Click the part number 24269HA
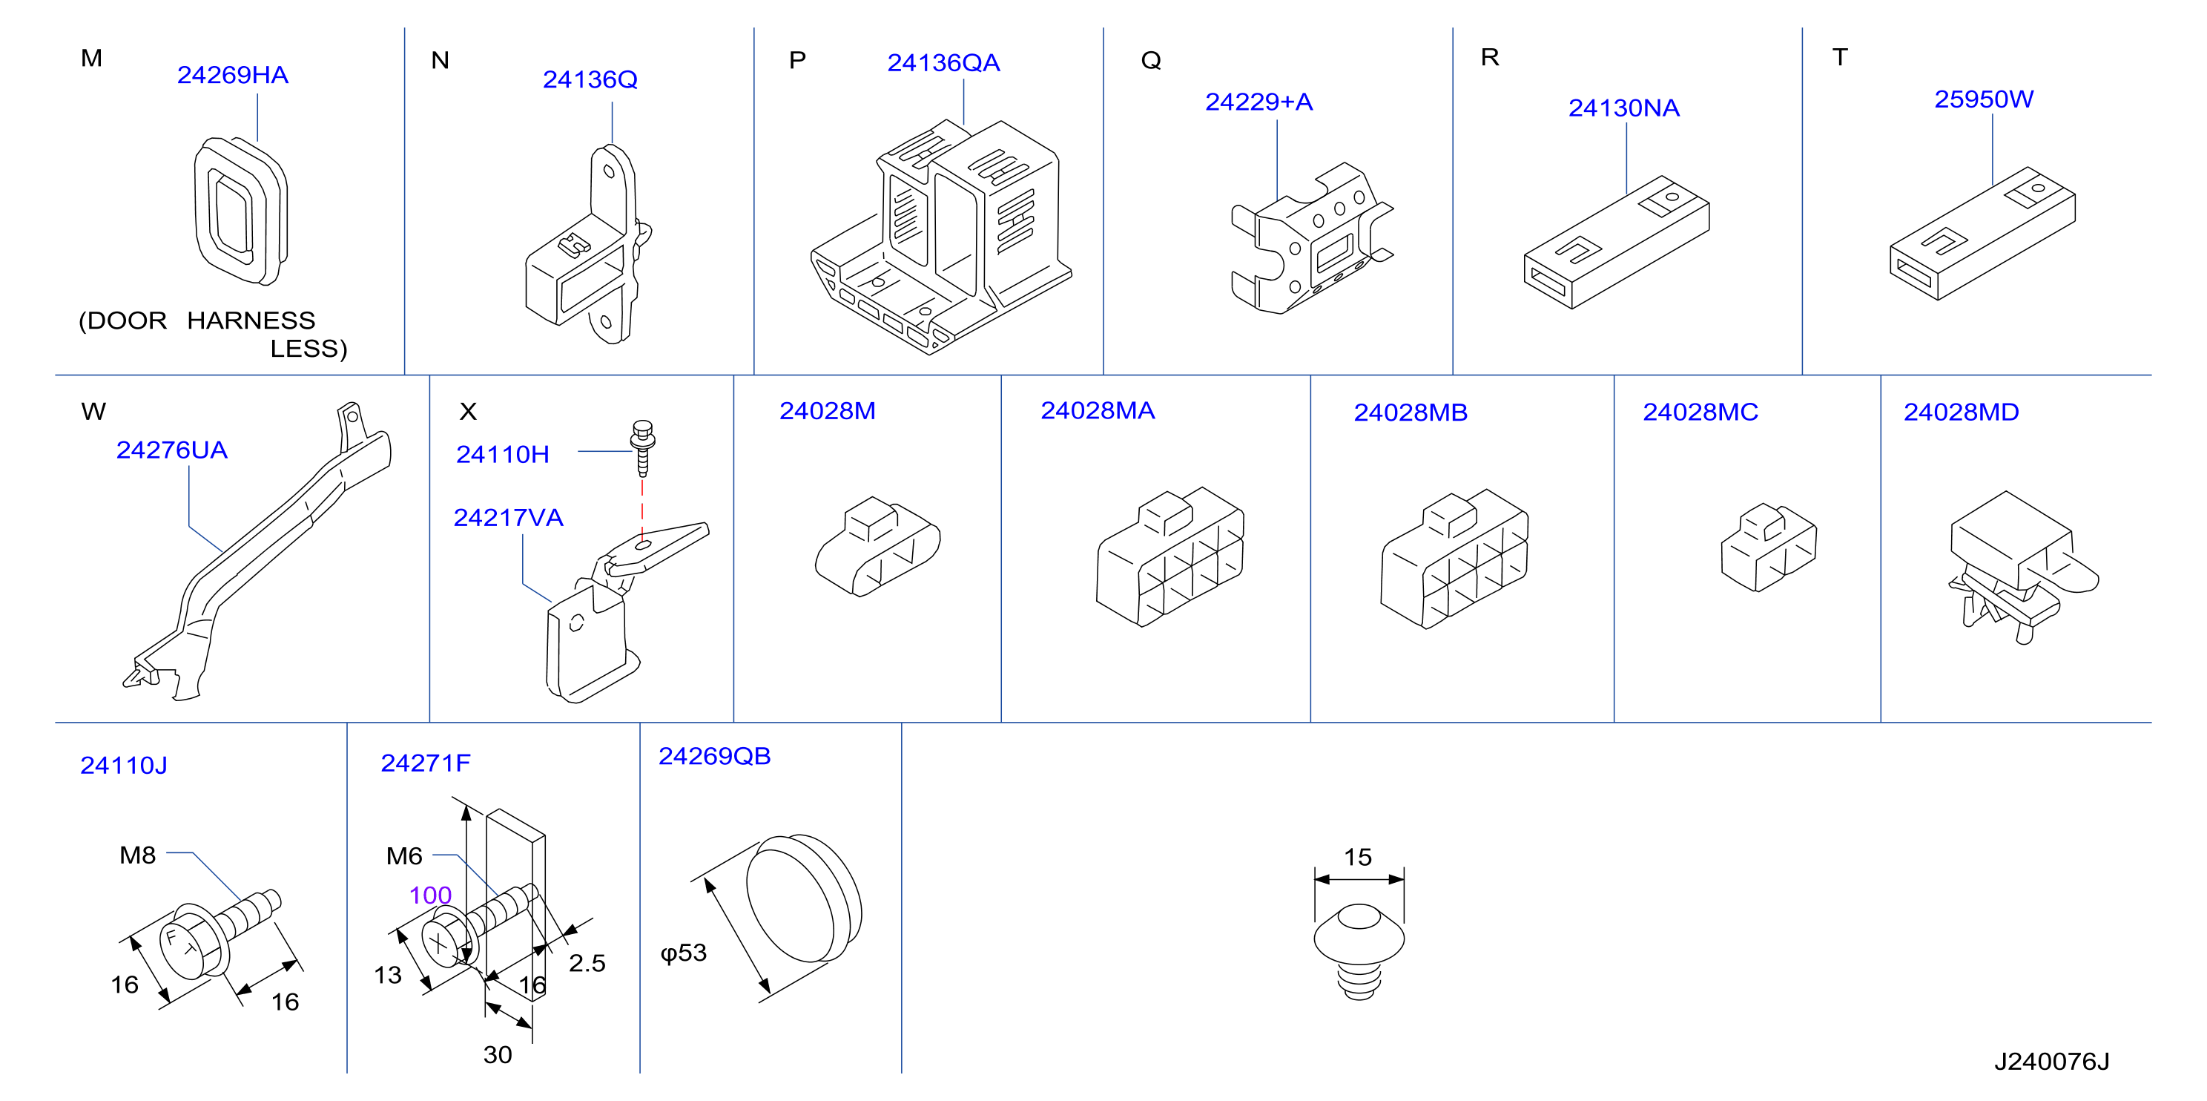click(232, 76)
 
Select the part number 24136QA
click(943, 62)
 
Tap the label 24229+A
click(1258, 102)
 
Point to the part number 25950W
click(1983, 99)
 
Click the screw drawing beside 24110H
click(642, 447)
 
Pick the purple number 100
click(430, 895)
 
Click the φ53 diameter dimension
click(683, 953)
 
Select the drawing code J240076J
click(2051, 1062)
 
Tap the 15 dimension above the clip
click(1358, 857)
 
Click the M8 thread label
click(137, 855)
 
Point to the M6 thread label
click(404, 856)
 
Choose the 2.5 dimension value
click(587, 963)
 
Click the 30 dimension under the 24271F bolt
click(498, 1055)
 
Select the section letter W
click(93, 411)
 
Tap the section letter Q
click(1151, 60)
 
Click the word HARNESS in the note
click(251, 321)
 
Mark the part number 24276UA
click(171, 450)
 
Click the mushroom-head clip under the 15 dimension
click(1359, 951)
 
